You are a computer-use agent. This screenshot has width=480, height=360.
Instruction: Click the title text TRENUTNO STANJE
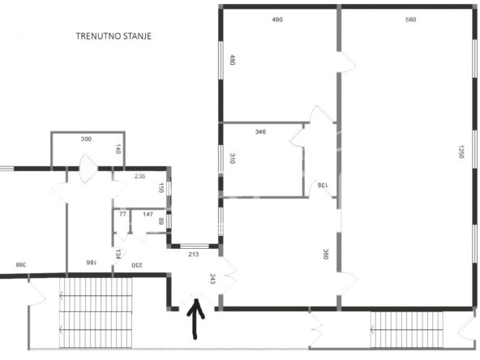click(114, 36)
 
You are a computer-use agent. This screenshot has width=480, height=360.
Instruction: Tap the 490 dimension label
click(277, 19)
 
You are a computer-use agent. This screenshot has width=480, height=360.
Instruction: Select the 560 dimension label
click(410, 19)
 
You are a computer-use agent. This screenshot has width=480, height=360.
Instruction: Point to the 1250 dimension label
click(461, 152)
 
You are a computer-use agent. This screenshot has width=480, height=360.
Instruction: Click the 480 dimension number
click(233, 60)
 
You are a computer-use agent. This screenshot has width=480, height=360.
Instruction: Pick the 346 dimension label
click(260, 132)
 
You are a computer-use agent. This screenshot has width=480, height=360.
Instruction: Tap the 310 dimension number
click(233, 159)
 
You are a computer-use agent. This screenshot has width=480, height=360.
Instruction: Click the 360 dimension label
click(326, 254)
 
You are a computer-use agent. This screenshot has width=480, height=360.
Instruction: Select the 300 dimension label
click(86, 139)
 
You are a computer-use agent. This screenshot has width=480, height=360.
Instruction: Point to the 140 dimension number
click(118, 149)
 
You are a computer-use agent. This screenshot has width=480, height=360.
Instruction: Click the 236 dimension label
click(140, 176)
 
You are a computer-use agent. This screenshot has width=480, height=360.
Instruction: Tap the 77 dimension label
click(122, 214)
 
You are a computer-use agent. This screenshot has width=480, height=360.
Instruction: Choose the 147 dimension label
click(148, 214)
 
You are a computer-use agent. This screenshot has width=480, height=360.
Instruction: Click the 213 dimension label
click(194, 254)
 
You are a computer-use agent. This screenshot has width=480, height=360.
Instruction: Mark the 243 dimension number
click(212, 279)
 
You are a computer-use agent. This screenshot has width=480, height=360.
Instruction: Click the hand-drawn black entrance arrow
click(195, 319)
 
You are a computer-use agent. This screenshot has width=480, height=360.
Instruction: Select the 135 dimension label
click(323, 185)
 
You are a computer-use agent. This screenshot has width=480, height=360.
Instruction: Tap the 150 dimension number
click(161, 187)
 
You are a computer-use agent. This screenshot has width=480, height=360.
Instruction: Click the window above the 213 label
click(195, 246)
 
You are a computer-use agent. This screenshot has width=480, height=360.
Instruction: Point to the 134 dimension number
click(118, 254)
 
